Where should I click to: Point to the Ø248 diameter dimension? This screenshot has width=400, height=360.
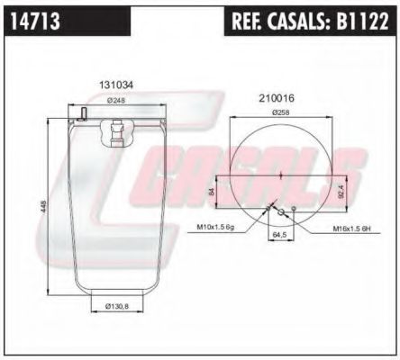[115, 101]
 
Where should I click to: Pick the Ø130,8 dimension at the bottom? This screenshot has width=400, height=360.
[114, 308]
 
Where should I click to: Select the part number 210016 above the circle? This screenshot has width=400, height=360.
[277, 97]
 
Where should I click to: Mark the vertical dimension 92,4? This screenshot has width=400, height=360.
[341, 191]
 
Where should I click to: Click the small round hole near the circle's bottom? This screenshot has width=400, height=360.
[282, 212]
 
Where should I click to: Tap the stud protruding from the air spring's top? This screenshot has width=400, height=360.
[82, 113]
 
